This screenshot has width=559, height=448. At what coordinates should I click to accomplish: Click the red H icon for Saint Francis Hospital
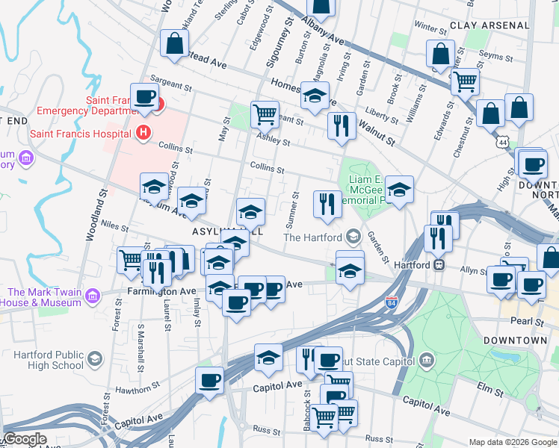(x=144, y=134)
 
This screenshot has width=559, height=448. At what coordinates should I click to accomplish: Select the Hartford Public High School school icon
(x=95, y=360)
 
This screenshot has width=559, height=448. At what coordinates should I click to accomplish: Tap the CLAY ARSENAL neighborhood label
(x=490, y=25)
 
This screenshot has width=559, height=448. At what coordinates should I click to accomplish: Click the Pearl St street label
(x=528, y=322)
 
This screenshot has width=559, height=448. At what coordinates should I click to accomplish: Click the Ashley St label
(x=274, y=140)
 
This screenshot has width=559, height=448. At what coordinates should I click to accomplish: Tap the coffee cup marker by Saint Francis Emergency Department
(x=144, y=96)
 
